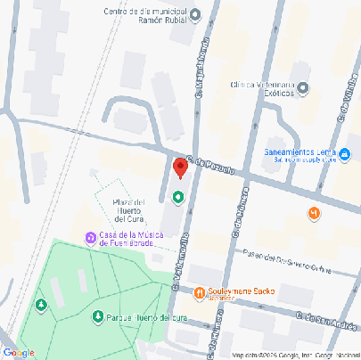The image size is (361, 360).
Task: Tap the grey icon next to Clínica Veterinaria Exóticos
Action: [303, 87]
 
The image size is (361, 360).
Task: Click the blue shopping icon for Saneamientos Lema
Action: [344, 156]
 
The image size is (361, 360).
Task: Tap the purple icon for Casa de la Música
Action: [90, 237]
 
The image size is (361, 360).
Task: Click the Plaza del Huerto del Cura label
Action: [128, 209]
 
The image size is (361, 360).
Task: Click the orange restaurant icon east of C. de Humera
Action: [313, 213]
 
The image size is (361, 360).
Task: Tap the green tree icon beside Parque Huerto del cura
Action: [97, 316]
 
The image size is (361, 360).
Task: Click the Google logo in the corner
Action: [19, 353]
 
